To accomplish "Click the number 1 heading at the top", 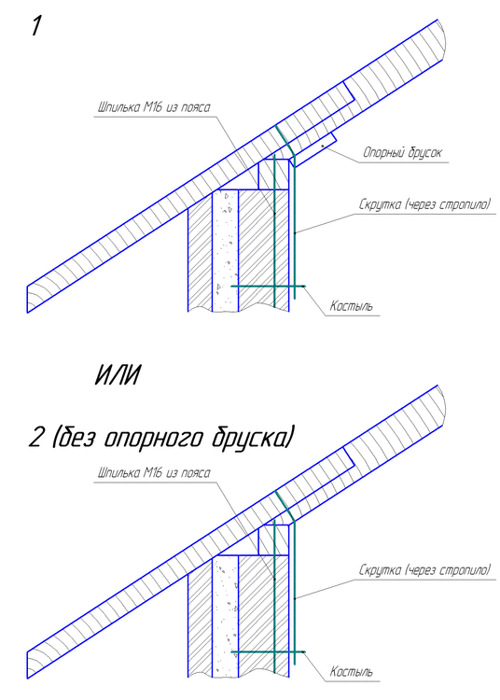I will [x=36, y=25].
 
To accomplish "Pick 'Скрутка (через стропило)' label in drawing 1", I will [x=424, y=203].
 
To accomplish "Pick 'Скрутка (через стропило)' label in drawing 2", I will [x=424, y=568].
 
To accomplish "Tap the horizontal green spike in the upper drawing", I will [x=267, y=285].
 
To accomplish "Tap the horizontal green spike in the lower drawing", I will [x=267, y=651].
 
